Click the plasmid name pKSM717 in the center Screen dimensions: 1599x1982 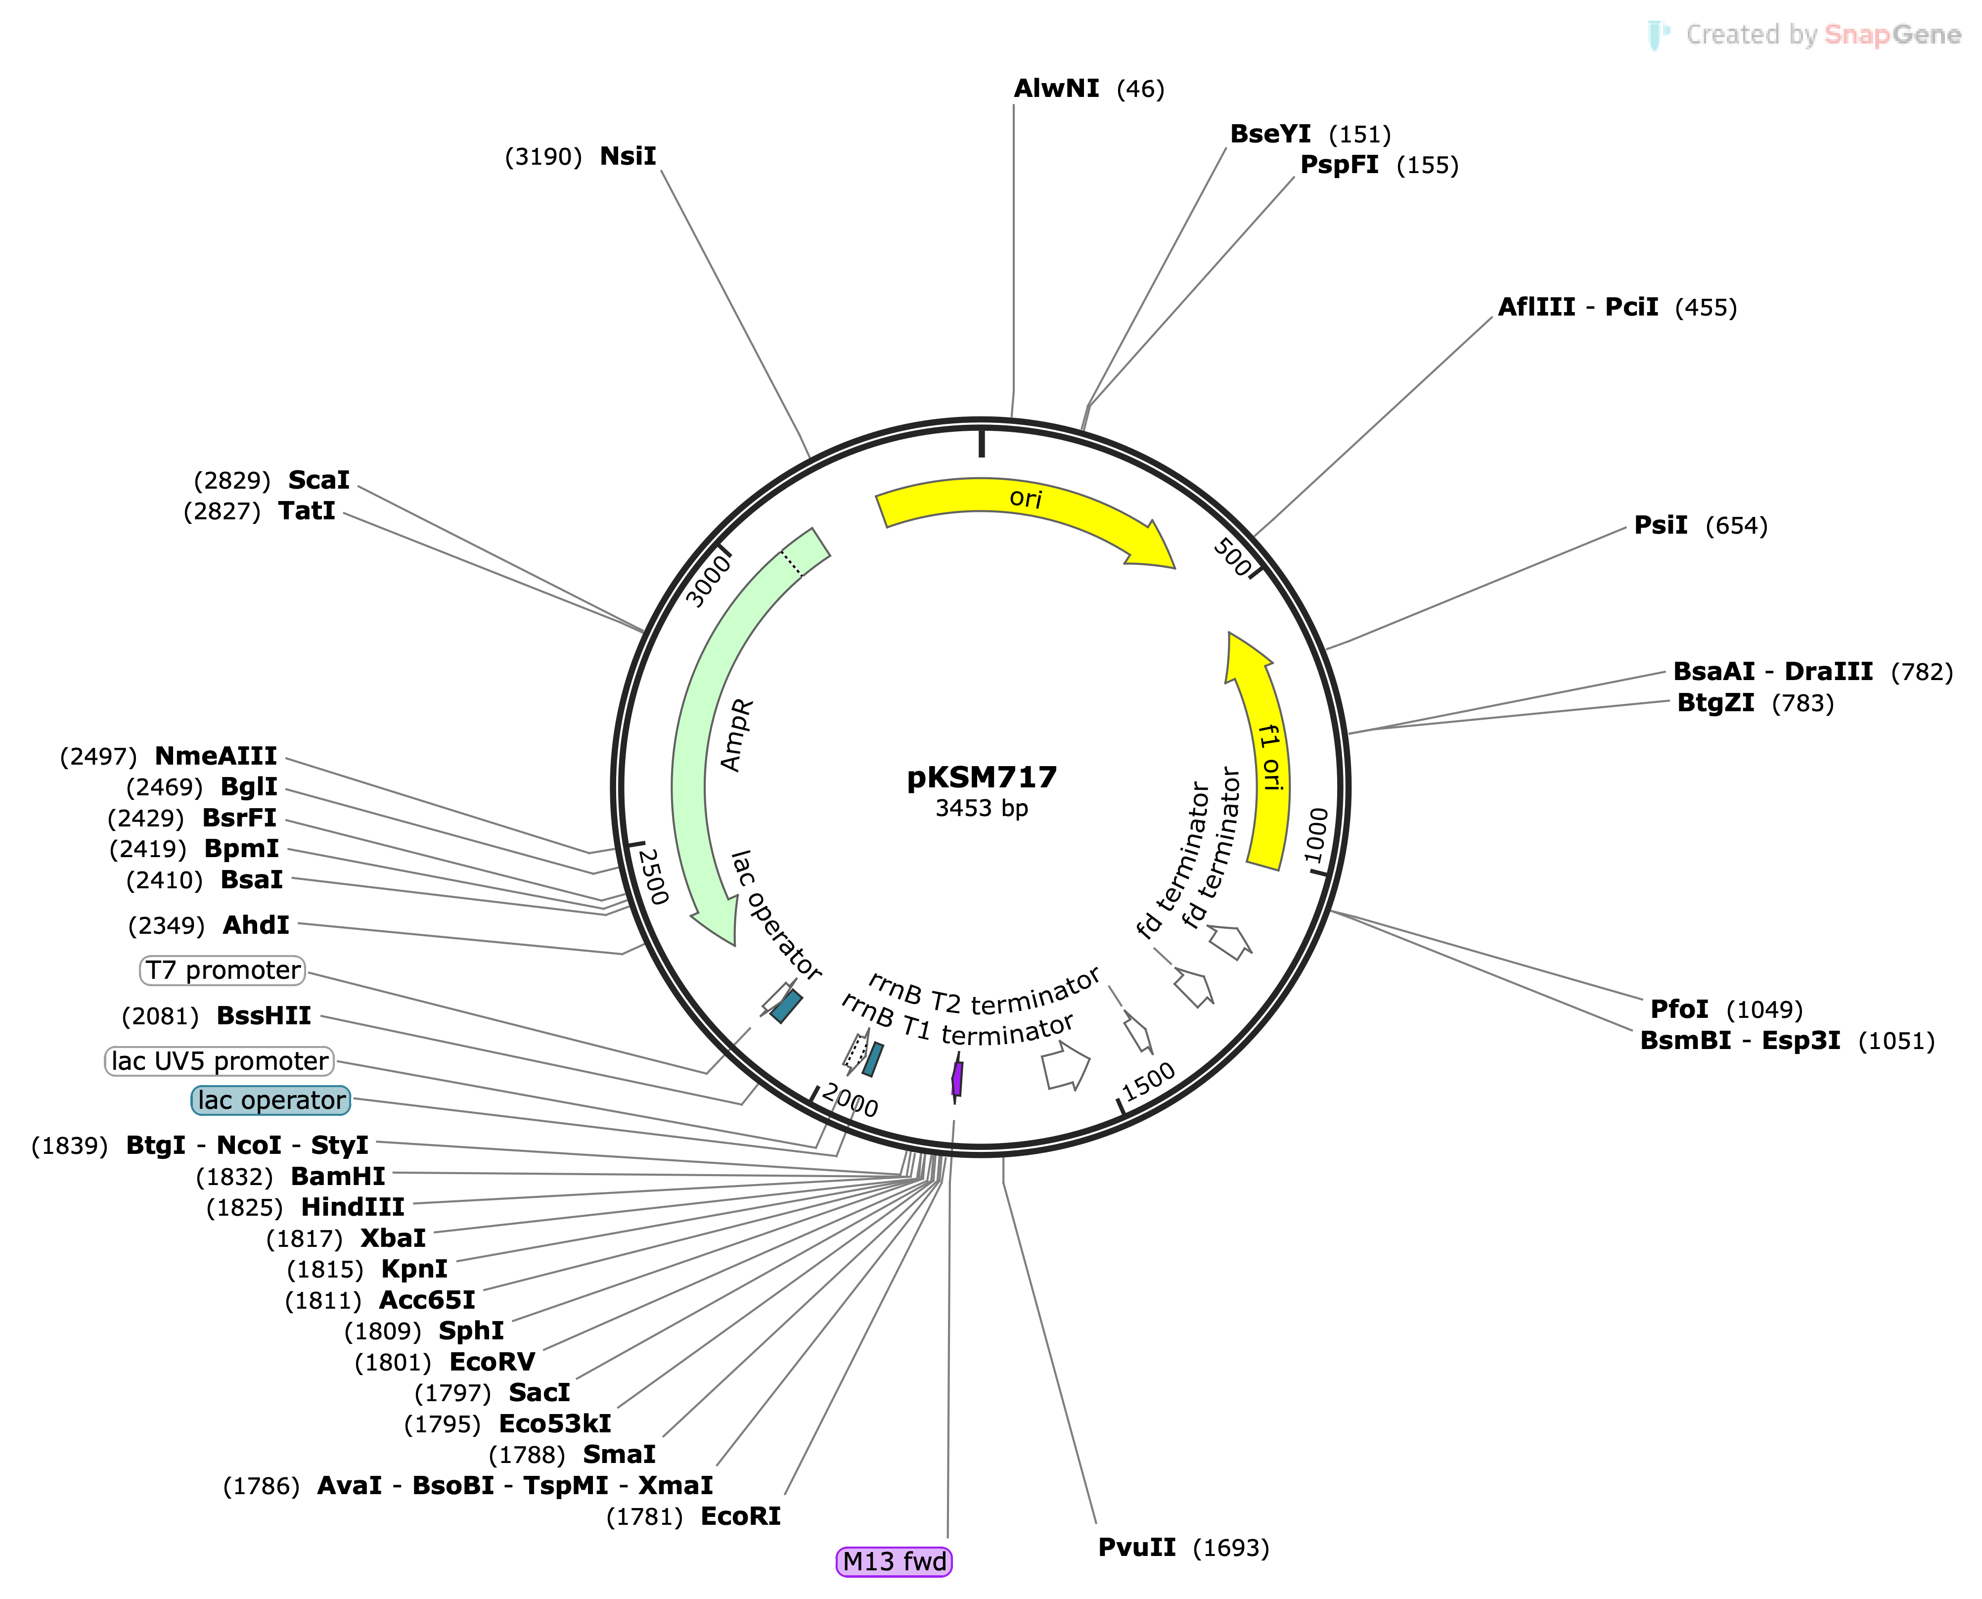981,777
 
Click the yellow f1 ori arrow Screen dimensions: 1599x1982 1266,755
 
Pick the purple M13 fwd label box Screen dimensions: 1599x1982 894,1561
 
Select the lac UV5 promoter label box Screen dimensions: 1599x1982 219,1061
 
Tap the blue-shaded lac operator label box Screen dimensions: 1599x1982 271,1100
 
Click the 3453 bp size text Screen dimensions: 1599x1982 981,809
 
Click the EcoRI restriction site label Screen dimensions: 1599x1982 740,1516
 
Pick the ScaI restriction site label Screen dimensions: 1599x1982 318,480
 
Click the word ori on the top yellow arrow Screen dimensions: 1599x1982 1025,499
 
